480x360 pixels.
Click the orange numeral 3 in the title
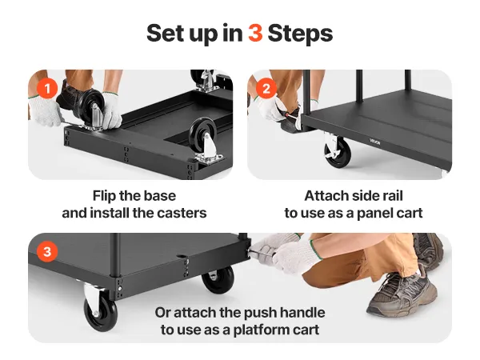pos(255,33)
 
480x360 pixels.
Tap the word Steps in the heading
pos(300,34)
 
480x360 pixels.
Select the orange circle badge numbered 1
pos(47,89)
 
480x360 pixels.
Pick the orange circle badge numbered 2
pos(266,89)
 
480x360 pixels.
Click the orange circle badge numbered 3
pos(47,252)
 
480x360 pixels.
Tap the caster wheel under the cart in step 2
pos(338,152)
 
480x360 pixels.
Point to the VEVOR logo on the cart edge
pos(374,142)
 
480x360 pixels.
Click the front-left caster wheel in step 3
pos(101,315)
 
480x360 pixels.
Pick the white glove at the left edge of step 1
pos(45,111)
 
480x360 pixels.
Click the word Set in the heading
pos(166,33)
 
